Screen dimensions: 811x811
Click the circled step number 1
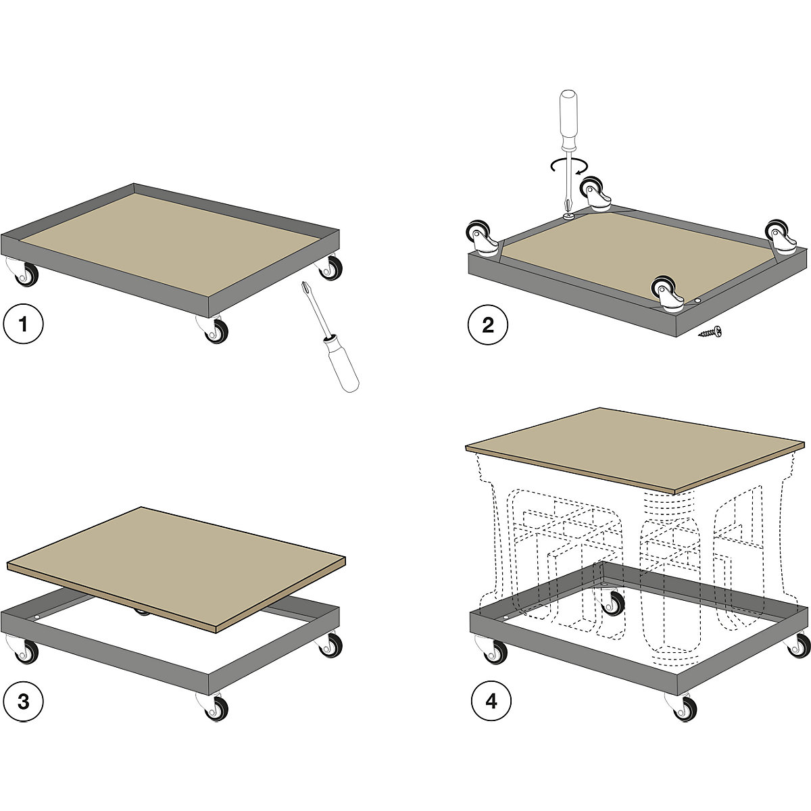(x=23, y=324)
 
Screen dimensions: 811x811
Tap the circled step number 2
(x=488, y=325)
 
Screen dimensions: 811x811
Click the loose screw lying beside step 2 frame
(x=710, y=332)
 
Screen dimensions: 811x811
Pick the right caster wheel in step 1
(x=330, y=266)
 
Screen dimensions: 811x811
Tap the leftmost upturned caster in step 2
(x=481, y=237)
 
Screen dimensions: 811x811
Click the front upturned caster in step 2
(x=668, y=294)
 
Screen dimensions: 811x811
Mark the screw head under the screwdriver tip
(x=568, y=216)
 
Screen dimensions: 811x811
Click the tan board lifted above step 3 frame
(x=176, y=569)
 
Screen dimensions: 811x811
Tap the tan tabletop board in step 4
(x=635, y=450)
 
